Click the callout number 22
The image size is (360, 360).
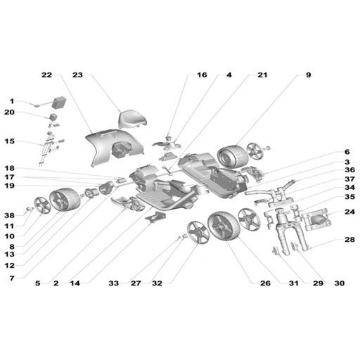click(x=46, y=75)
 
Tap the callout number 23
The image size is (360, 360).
click(x=77, y=75)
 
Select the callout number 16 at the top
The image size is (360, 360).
click(x=202, y=75)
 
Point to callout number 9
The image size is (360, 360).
click(x=309, y=75)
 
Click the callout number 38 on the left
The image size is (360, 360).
click(x=9, y=215)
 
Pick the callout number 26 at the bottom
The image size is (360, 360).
click(x=265, y=283)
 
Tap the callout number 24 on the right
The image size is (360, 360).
click(x=349, y=212)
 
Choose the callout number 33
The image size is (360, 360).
click(x=114, y=283)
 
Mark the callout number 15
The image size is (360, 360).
click(x=9, y=141)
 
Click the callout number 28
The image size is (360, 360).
click(x=349, y=240)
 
